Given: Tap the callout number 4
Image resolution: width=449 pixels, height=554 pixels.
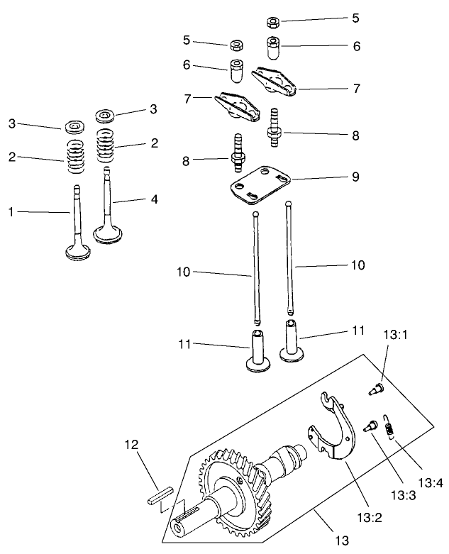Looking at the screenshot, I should click(x=154, y=199).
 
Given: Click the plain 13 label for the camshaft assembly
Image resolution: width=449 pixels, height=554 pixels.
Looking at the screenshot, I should click(x=343, y=541).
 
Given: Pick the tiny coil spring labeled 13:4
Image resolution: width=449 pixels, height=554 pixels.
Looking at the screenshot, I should click(x=389, y=428).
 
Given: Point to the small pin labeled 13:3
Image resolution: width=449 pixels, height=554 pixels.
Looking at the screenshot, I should click(x=370, y=427).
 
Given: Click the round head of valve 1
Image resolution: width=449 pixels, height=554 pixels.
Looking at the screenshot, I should click(x=77, y=250).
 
